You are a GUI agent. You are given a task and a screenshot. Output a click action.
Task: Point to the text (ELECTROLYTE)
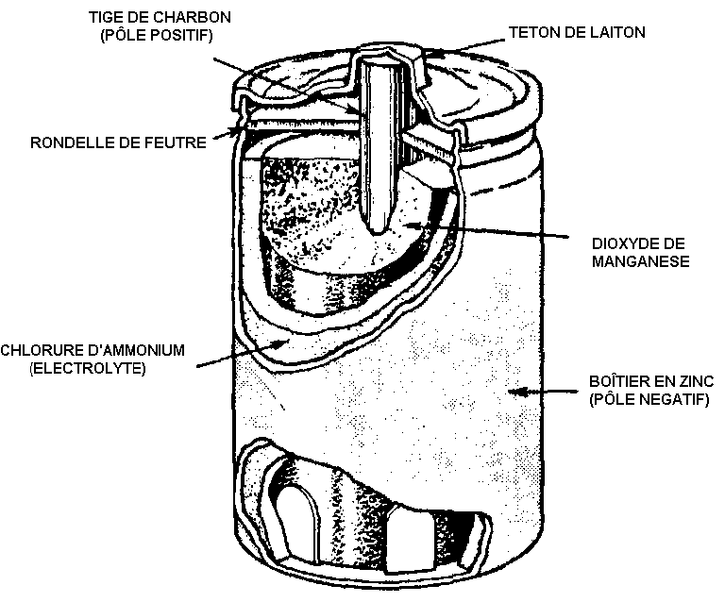pos(76,368)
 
